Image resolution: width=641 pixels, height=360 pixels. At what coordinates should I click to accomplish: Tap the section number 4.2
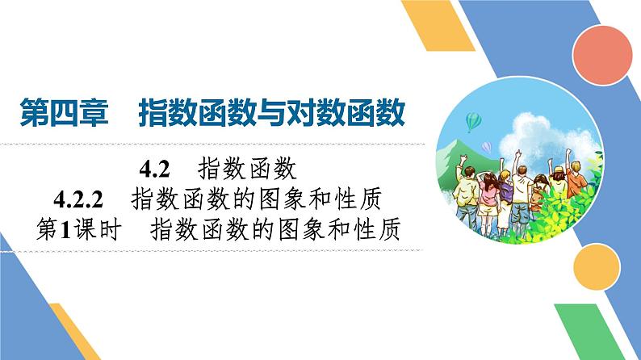tap(153, 170)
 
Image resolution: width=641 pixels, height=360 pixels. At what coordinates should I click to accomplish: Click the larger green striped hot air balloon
tap(474, 122)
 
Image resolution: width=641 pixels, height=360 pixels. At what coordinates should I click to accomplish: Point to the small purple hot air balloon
tap(486, 146)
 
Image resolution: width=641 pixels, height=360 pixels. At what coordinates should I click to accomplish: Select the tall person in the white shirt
tap(522, 187)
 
